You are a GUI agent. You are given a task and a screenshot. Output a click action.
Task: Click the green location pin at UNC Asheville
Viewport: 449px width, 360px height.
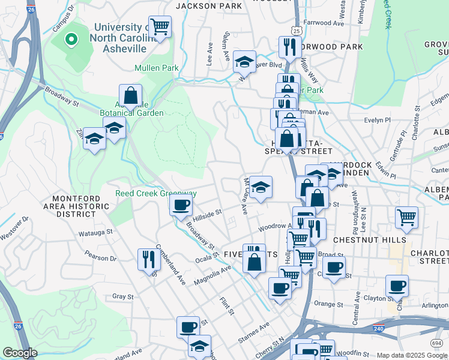71,40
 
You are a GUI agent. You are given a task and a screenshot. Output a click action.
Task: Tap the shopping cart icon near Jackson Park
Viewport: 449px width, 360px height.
160,26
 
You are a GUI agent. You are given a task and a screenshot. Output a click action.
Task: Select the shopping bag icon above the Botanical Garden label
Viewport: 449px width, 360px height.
130,94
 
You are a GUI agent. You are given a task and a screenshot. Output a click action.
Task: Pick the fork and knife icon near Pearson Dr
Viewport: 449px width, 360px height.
148,259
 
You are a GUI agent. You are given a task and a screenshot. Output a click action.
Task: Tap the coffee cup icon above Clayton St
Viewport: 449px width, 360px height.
397,286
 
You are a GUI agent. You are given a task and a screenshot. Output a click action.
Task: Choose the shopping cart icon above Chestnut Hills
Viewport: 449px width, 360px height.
407,217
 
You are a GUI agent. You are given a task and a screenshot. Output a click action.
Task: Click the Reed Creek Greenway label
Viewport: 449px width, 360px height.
156,194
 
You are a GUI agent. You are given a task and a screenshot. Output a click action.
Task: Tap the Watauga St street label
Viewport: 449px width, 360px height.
96,231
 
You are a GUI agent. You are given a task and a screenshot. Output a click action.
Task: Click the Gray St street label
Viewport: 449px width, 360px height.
122,297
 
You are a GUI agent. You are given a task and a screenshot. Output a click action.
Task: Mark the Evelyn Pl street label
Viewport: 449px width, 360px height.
378,119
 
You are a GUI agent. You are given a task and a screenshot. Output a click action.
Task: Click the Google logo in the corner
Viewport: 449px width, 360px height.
20,353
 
